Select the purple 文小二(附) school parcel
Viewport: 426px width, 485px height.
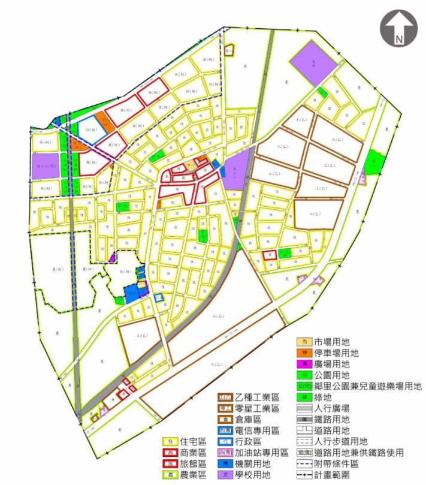coord(46,165)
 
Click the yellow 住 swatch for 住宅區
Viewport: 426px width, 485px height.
coord(171,442)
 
